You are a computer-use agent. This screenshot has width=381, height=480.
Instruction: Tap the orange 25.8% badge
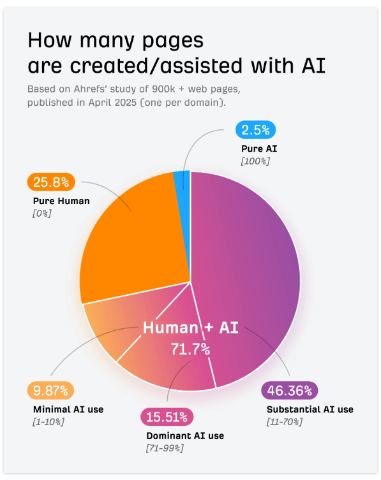[51, 182]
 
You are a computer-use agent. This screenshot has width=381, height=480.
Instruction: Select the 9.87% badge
[51, 390]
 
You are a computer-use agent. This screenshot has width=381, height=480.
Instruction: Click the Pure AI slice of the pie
[183, 182]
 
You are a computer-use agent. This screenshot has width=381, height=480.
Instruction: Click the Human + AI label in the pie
[190, 328]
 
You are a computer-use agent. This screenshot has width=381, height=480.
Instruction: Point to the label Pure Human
[61, 201]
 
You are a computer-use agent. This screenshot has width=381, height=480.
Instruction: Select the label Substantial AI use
[310, 409]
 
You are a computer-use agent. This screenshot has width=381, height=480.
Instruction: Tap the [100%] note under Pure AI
[255, 161]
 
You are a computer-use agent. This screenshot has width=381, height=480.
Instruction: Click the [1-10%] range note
[49, 422]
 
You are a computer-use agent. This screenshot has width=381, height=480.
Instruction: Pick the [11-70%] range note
[284, 422]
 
